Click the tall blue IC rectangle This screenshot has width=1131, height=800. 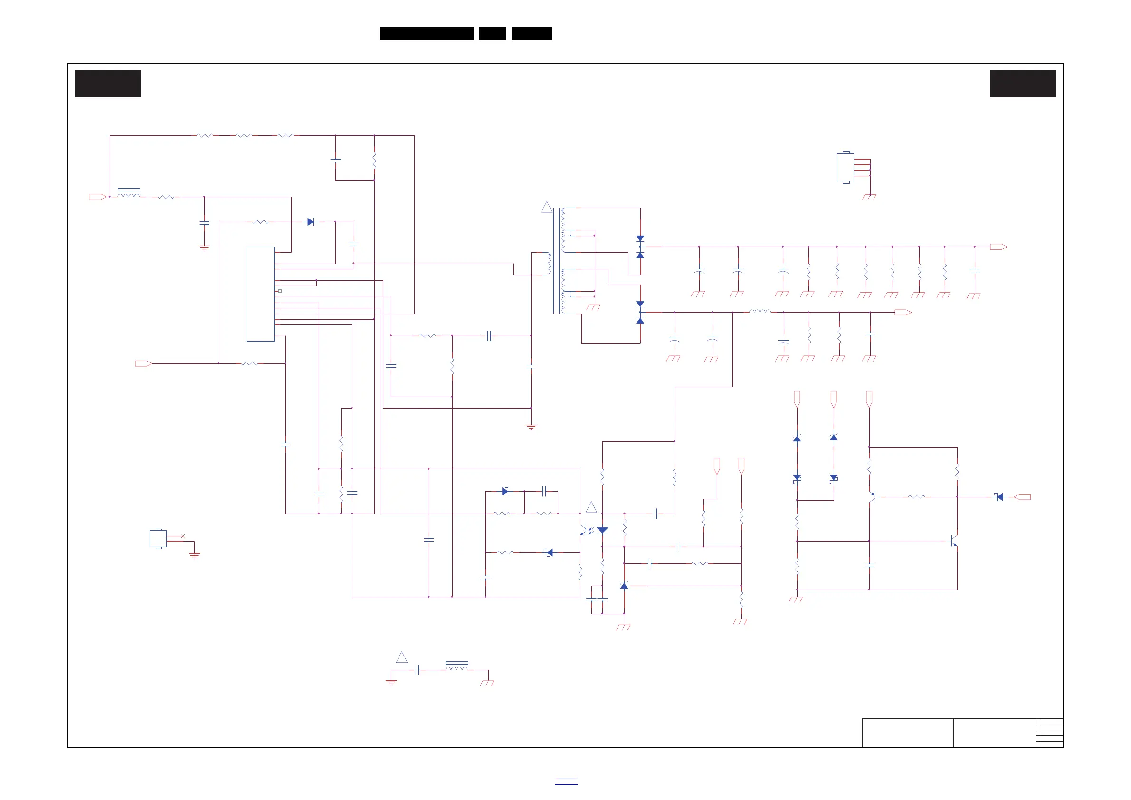pyautogui.click(x=260, y=294)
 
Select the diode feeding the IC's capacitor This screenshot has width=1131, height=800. pyautogui.click(x=310, y=222)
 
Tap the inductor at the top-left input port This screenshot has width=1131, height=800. pyautogui.click(x=129, y=195)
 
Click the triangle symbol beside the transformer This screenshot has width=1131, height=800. pyautogui.click(x=546, y=208)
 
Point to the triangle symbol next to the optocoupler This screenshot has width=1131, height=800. pyautogui.click(x=591, y=507)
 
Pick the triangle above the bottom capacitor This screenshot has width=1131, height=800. pyautogui.click(x=401, y=657)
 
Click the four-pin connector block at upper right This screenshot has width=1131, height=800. pyautogui.click(x=846, y=168)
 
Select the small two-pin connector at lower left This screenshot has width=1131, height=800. pyautogui.click(x=158, y=538)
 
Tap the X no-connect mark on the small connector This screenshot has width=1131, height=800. pyautogui.click(x=183, y=536)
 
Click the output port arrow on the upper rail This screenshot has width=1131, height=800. pyautogui.click(x=998, y=247)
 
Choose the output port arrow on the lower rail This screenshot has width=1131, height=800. pyautogui.click(x=903, y=312)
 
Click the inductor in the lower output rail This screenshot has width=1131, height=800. pyautogui.click(x=760, y=311)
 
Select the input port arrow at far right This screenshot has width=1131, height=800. pyautogui.click(x=1023, y=497)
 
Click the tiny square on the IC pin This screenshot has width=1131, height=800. pyautogui.click(x=280, y=291)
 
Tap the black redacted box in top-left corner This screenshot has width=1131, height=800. pyautogui.click(x=107, y=84)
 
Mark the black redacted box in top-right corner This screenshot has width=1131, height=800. pyautogui.click(x=1023, y=84)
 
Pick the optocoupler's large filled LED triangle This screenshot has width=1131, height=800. pyautogui.click(x=602, y=531)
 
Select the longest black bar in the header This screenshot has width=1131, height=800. pyautogui.click(x=427, y=34)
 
